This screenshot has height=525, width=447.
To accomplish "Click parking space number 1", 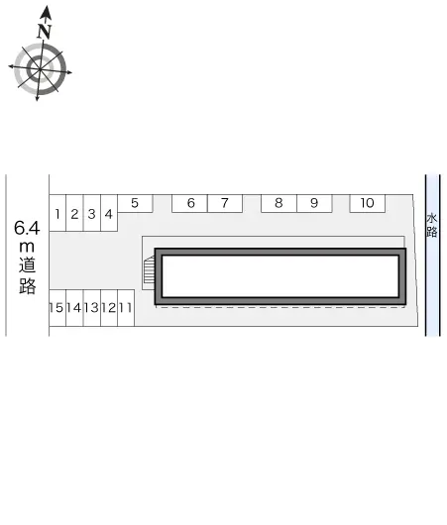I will coord(58,213).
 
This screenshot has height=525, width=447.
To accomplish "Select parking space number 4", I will coord(108,213).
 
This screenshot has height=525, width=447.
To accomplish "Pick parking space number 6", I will coord(190,203).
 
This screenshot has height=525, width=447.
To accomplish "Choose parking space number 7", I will coord(225,203).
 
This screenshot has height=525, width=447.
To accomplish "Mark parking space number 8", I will coord(279,203).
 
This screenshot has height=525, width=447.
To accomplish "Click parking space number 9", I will coord(313,203).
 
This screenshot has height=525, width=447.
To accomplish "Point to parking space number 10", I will coord(367,203).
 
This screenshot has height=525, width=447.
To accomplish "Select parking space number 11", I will coord(126,308).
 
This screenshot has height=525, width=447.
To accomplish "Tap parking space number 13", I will coord(91,308).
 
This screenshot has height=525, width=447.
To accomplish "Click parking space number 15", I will coord(57,308).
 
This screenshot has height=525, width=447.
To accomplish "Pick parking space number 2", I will coord(74,213).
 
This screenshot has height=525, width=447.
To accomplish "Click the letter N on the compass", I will coord(44,32).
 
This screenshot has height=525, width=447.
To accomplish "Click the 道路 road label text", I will coord(28,276).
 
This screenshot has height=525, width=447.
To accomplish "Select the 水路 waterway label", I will coord(431,225).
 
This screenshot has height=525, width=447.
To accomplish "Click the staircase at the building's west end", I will coord(150,270).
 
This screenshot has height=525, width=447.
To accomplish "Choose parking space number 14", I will coord(74,308).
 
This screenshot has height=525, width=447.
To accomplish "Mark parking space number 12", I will coord(108,308).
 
